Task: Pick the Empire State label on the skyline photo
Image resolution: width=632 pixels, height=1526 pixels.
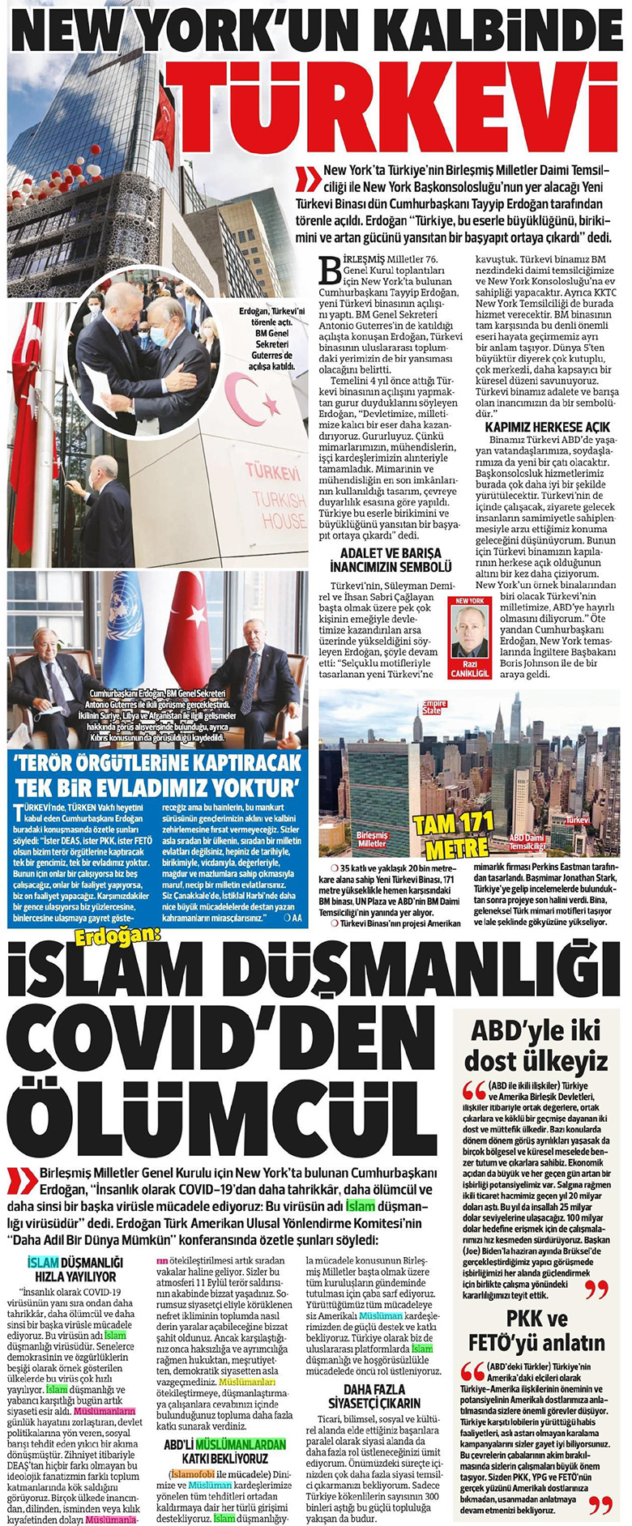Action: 433,707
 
